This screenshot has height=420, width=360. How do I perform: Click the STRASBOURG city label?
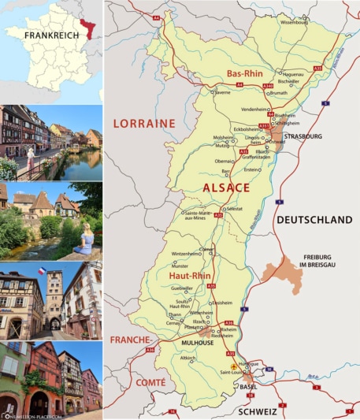302,136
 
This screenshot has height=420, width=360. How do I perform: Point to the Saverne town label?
222,92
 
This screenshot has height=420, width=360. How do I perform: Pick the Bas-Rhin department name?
244,73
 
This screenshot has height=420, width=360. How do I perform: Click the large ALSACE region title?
226,188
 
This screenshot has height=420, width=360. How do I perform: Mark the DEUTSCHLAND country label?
314,220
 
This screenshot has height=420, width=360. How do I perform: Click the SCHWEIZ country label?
257,410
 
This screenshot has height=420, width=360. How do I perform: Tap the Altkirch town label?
187,358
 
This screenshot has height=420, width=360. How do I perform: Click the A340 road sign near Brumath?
268,85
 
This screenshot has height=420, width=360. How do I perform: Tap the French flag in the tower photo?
42,271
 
